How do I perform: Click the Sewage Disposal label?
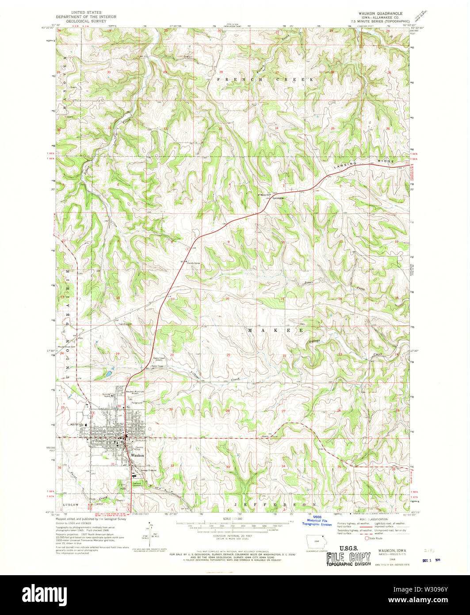pyautogui.click(x=147, y=470)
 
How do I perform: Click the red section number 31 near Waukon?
pyautogui.click(x=114, y=465)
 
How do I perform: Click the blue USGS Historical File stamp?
pyautogui.click(x=317, y=521)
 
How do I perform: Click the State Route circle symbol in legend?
pyautogui.click(x=367, y=538)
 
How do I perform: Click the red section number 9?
pyautogui.click(x=228, y=242)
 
